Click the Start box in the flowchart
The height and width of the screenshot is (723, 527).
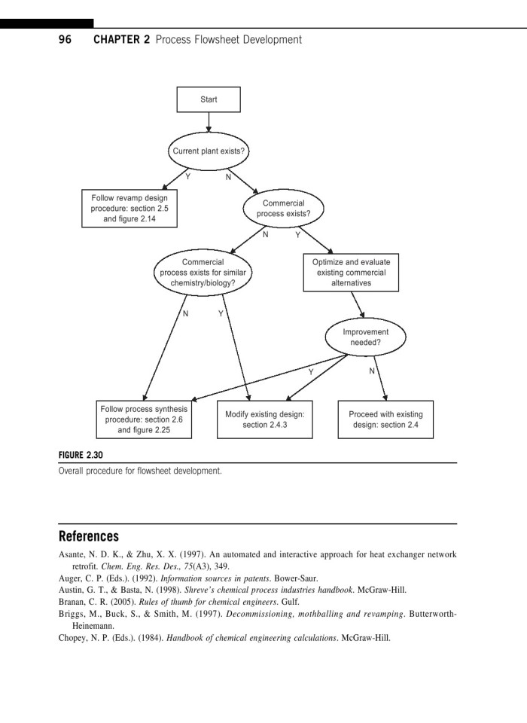[209, 99]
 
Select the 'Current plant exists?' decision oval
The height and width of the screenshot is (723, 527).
[209, 151]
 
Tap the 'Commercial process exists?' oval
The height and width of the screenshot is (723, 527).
[283, 209]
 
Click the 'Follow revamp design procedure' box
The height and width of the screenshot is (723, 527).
[129, 209]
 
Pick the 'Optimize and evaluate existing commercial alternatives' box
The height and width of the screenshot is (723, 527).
[351, 273]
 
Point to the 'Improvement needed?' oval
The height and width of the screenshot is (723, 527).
[365, 337]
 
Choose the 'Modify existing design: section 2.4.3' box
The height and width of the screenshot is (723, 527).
[265, 419]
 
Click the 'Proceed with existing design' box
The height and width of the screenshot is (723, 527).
[385, 419]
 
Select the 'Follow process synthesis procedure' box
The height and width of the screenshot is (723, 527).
[144, 419]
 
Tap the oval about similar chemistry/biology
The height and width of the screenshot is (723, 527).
[203, 273]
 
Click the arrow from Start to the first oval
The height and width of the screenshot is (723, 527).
[209, 122]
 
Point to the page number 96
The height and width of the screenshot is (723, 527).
[65, 39]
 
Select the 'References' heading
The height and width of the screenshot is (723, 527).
[89, 537]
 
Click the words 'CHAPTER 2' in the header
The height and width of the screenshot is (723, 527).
[121, 39]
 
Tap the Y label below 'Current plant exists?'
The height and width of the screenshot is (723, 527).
[187, 177]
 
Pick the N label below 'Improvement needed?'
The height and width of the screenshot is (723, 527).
[371, 371]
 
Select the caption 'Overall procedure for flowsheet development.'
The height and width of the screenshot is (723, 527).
[141, 471]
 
